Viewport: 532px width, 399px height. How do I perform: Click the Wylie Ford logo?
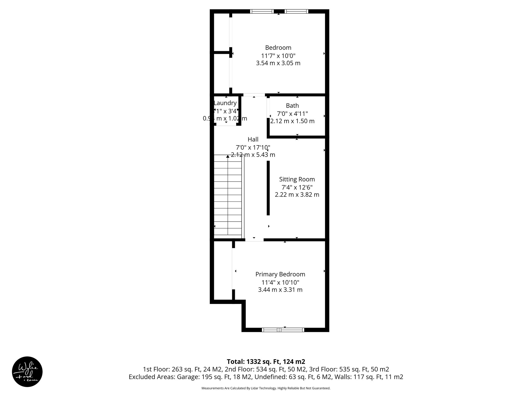tap(27, 371)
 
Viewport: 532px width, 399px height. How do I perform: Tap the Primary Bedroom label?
tap(280, 274)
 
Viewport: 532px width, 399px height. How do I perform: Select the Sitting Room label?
tap(297, 179)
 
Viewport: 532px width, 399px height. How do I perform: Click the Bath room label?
tap(292, 106)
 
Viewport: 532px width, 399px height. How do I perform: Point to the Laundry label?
tap(225, 103)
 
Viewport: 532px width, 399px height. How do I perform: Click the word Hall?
tap(253, 139)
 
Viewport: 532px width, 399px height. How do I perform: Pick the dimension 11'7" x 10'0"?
tap(278, 56)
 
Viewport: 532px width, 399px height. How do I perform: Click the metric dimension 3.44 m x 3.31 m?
tap(280, 290)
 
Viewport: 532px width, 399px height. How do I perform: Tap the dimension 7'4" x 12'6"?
tap(297, 187)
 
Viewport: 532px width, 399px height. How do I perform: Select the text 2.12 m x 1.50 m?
tap(292, 121)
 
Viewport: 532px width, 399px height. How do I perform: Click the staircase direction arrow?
tap(228, 156)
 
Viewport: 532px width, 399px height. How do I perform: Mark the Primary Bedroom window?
tap(283, 330)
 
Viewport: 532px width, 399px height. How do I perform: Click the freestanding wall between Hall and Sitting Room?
tap(268, 188)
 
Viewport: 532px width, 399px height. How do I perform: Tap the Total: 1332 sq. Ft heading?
tap(266, 362)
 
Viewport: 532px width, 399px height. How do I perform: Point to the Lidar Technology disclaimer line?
tap(266, 388)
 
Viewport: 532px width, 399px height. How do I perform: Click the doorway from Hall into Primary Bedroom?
tap(254, 240)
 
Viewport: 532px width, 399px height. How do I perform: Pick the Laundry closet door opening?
tap(226, 125)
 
